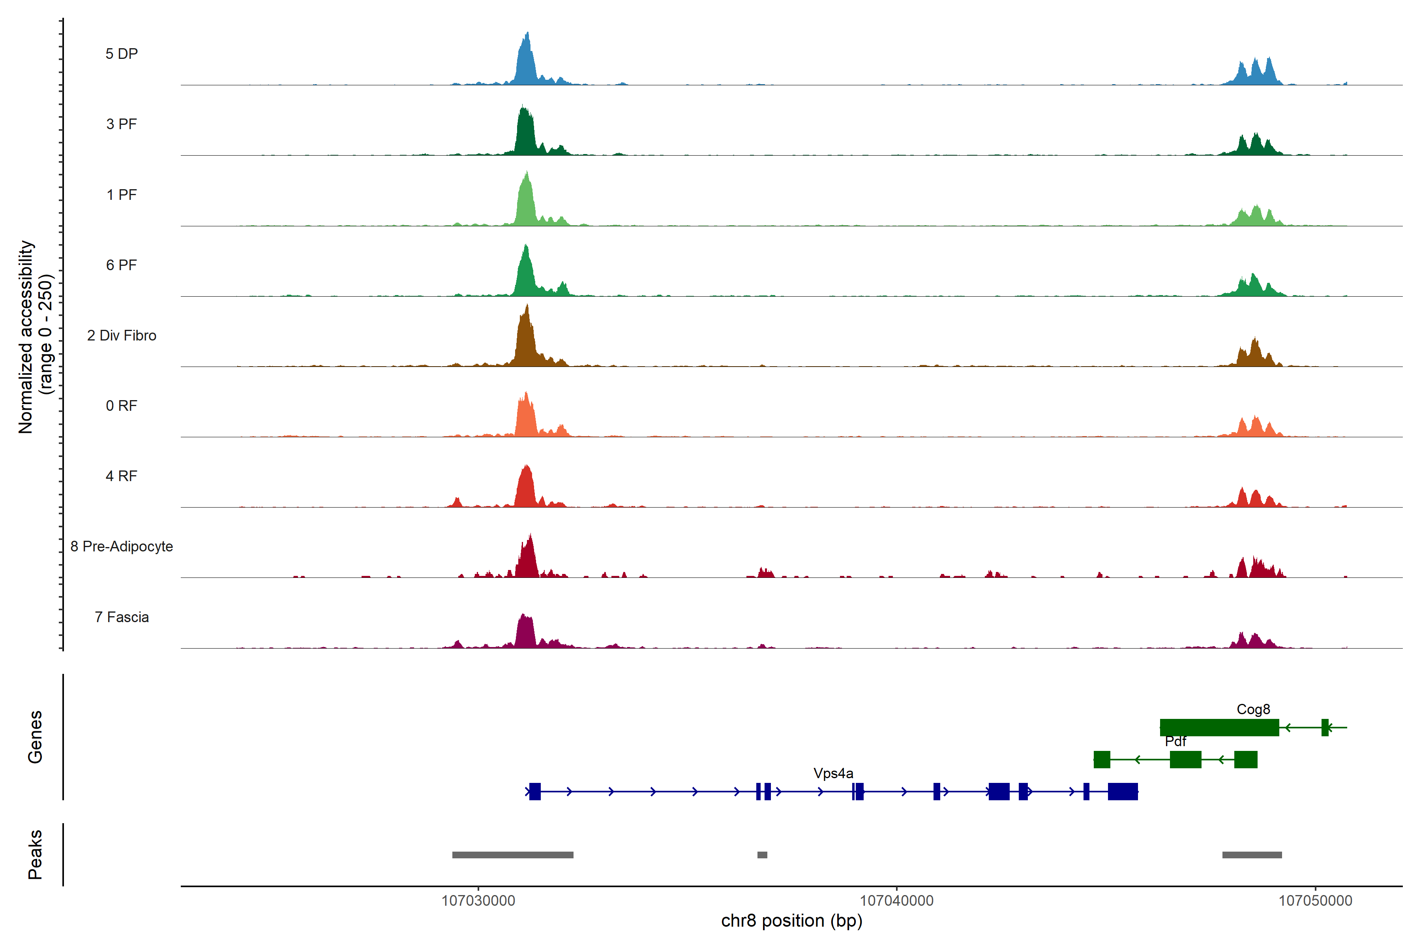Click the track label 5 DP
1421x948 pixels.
pos(122,54)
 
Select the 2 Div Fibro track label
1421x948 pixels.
pos(122,335)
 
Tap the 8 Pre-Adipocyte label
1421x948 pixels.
pos(122,547)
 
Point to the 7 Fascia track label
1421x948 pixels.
pos(122,617)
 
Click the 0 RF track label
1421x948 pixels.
pos(122,406)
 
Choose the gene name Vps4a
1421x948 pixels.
pos(833,773)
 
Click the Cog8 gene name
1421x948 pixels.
pos(1253,709)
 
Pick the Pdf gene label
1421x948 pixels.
pos(1175,741)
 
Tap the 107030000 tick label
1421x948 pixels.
pos(478,901)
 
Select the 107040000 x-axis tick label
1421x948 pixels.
pos(896,901)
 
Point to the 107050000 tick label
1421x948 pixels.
pos(1315,901)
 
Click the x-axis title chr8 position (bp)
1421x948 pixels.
pos(791,921)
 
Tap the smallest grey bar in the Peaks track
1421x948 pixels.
pos(763,855)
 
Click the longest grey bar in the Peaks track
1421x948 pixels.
pos(512,855)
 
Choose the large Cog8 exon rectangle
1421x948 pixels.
pos(1219,727)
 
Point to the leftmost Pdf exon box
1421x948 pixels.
pos(1102,759)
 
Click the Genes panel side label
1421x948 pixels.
pos(35,737)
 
